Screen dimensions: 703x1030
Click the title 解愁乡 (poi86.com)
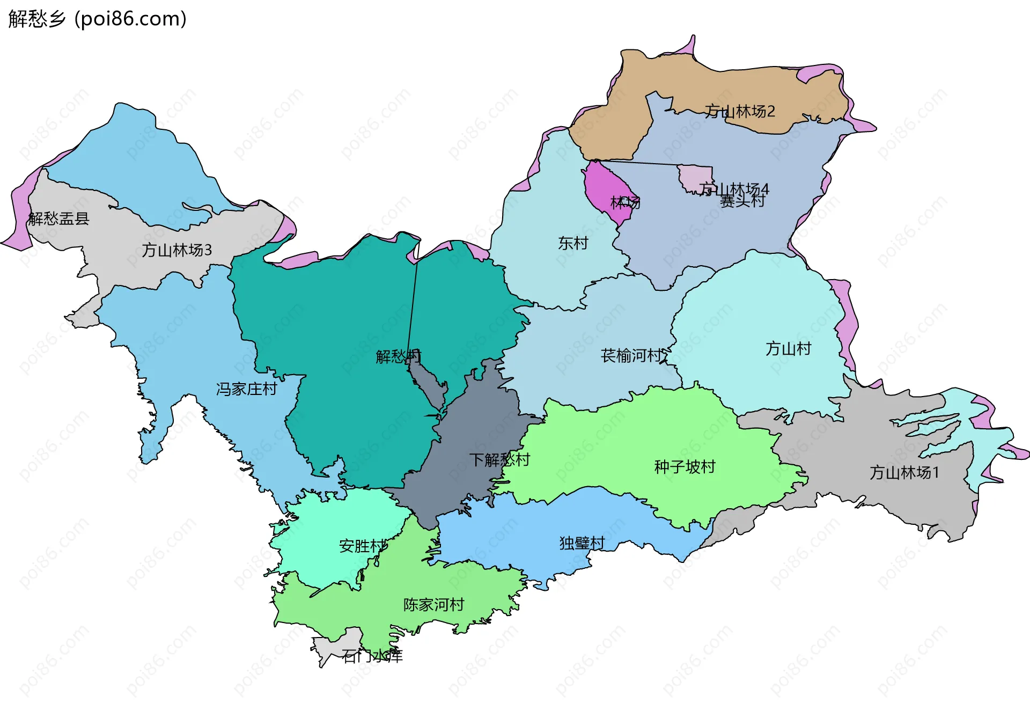click(97, 19)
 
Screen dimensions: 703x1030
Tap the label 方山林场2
click(740, 111)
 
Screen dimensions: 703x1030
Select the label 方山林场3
click(176, 250)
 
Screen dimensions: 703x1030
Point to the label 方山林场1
click(904, 473)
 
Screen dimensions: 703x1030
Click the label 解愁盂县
click(58, 218)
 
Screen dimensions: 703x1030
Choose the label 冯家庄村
click(246, 389)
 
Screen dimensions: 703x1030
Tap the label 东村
click(573, 243)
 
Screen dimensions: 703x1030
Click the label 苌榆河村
click(631, 356)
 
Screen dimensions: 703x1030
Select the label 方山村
click(788, 349)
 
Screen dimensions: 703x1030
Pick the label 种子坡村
click(685, 467)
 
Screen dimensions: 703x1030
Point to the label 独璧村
click(582, 543)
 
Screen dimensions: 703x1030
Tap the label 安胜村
click(362, 546)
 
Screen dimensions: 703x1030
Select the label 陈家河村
click(433, 605)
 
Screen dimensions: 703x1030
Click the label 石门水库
click(372, 656)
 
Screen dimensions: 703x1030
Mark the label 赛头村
click(742, 201)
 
